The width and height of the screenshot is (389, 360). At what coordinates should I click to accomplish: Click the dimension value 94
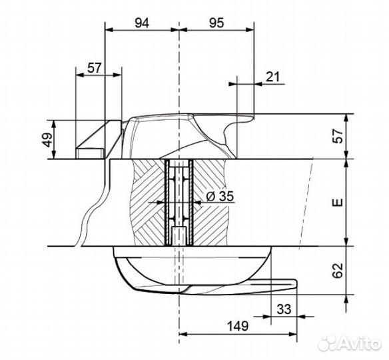[x=142, y=23]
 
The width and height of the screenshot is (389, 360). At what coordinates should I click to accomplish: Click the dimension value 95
[x=216, y=23]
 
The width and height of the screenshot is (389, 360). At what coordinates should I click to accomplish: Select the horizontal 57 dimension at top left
[x=95, y=68]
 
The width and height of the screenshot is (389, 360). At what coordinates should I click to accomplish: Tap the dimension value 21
[x=272, y=77]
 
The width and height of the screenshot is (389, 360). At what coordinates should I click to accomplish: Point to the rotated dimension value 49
[x=48, y=140]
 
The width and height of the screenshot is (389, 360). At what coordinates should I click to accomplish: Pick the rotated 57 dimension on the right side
[x=338, y=135]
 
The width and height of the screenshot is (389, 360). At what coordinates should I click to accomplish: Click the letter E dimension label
[x=338, y=203]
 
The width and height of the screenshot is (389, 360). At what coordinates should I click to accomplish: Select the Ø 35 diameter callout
[x=220, y=197]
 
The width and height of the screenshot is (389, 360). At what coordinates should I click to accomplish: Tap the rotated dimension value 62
[x=338, y=271]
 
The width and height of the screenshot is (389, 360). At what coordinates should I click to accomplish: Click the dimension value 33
[x=284, y=309]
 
